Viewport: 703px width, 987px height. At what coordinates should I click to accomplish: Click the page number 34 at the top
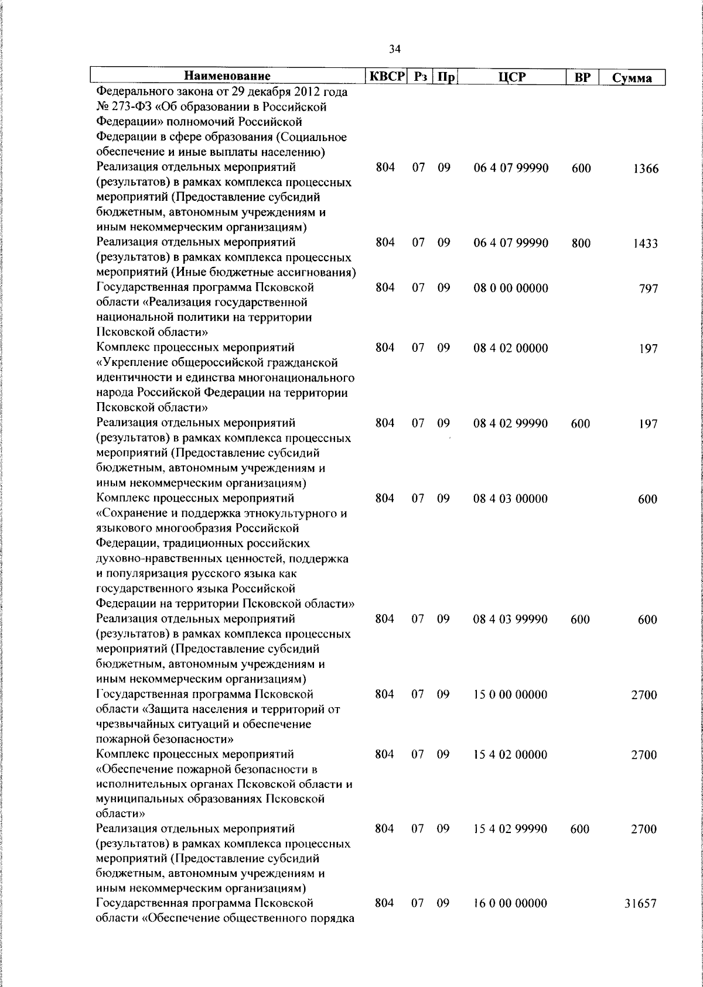click(x=394, y=50)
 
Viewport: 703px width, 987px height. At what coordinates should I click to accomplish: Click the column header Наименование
click(x=227, y=76)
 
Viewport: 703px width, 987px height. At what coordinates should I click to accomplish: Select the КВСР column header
click(x=386, y=76)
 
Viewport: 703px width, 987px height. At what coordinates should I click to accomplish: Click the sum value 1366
click(x=646, y=169)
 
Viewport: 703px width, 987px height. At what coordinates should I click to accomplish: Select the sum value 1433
click(x=646, y=244)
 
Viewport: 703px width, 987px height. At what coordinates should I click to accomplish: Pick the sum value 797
click(x=649, y=289)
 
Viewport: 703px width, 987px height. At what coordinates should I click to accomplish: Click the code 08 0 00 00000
click(x=511, y=288)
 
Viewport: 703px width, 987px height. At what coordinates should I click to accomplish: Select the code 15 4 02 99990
click(x=511, y=830)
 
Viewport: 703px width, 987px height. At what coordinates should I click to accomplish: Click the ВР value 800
click(x=581, y=244)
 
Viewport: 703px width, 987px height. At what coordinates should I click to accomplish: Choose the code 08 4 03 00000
click(x=511, y=499)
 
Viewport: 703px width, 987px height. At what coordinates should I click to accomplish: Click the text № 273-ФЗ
click(x=125, y=107)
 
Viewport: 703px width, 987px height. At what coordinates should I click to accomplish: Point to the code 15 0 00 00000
click(x=511, y=695)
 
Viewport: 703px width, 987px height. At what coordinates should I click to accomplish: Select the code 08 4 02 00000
click(x=511, y=348)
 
